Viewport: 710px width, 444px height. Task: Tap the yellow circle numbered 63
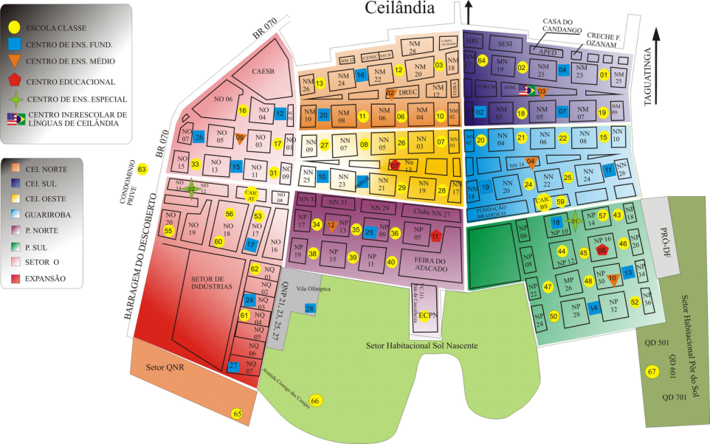coord(142,170)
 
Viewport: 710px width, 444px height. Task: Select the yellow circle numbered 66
coord(315,400)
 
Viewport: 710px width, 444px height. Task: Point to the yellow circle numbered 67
coord(652,371)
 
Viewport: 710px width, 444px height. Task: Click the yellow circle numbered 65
coord(237,413)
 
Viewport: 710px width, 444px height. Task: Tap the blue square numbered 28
coord(310,308)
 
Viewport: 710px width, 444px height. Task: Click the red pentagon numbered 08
coord(602,251)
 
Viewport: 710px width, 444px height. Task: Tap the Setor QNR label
coord(164,366)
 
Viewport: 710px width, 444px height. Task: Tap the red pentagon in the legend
coord(14,80)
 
